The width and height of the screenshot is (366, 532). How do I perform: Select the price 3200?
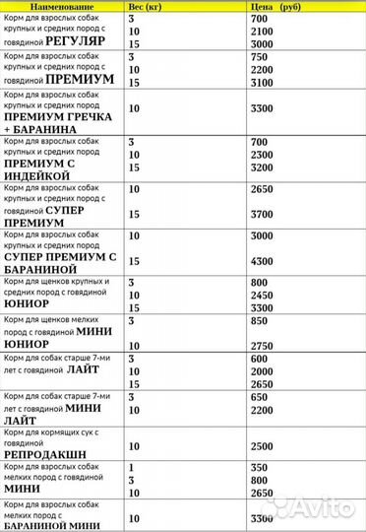262,168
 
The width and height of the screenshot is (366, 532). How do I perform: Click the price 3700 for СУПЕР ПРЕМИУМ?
262,214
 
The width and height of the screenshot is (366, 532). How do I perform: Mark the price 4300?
262,260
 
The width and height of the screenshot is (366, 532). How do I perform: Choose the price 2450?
262,295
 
